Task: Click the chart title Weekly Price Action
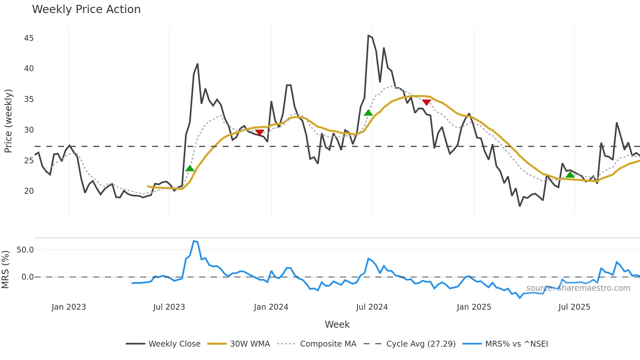tap(86, 9)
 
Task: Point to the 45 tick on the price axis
tap(29, 38)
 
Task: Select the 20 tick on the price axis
tap(29, 191)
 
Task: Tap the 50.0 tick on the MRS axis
tap(25, 250)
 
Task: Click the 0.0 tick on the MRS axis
tap(27, 277)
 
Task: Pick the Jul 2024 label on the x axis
tap(372, 307)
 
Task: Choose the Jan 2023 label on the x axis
tap(69, 307)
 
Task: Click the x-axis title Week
tap(337, 324)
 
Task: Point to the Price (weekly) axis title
tap(8, 121)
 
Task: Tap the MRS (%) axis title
tap(5, 270)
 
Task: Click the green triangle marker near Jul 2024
tap(368, 113)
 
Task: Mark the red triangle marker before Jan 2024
tap(260, 132)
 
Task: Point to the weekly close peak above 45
tap(368, 36)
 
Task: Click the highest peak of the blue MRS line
tap(194, 241)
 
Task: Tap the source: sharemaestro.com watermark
tap(578, 288)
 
